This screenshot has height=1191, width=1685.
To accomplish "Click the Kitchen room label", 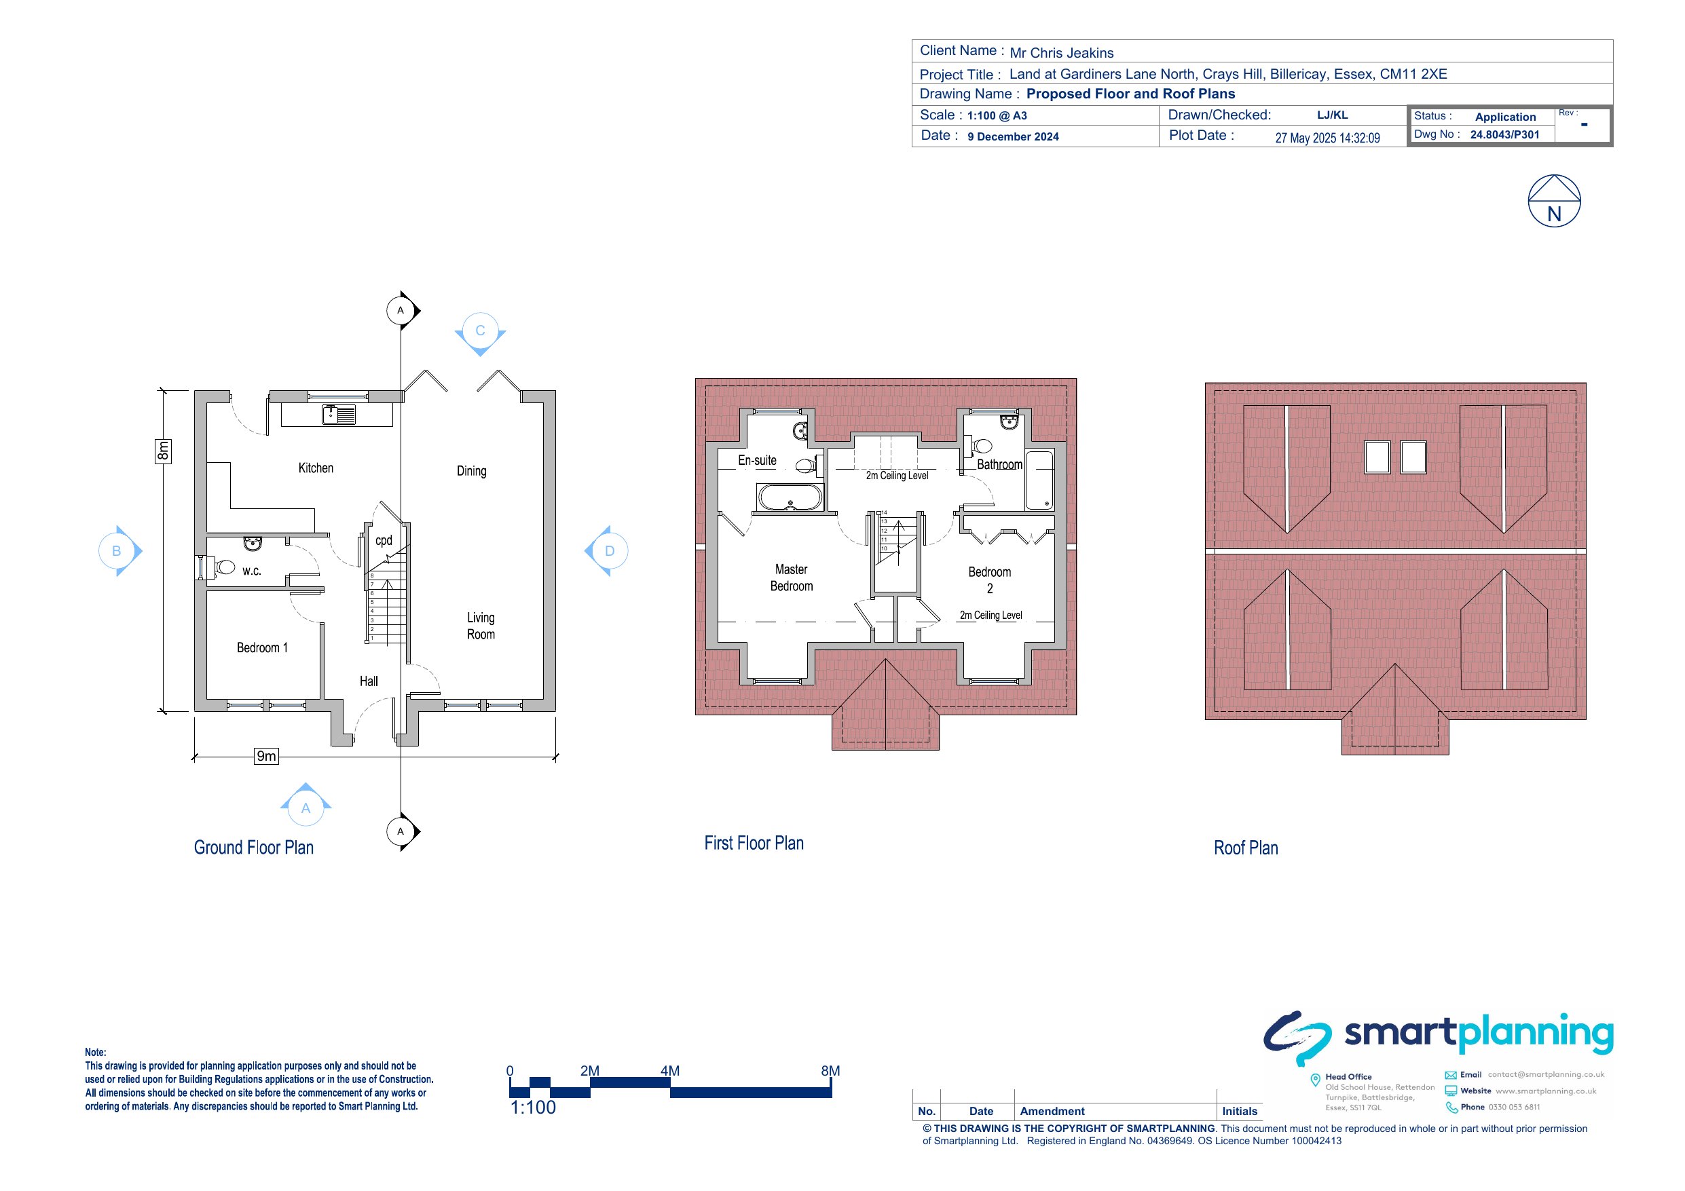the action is coord(316,468).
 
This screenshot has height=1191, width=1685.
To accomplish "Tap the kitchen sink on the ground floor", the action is coord(338,415).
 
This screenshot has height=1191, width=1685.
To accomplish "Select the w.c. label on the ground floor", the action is coord(252,571).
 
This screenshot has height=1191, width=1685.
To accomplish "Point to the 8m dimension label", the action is coord(163,451).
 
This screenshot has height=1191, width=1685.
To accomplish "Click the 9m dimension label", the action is coord(266,756).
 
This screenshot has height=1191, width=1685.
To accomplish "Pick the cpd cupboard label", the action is coord(384,541).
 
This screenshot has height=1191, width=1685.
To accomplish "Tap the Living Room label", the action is coord(481,626).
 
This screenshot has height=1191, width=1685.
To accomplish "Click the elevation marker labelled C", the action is coord(480,333).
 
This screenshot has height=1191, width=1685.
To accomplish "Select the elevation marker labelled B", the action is coord(119,551).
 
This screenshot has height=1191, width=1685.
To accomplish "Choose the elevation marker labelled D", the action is coord(607,551).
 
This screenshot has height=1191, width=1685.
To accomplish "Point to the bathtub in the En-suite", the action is coord(790,498).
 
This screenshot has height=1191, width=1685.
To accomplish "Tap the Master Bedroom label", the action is coord(791,578).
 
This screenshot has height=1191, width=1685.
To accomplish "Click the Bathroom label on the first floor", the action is coord(999,464).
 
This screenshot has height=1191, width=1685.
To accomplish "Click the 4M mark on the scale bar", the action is coord(669,1072).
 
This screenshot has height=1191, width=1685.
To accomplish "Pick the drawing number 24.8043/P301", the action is coord(1504,135).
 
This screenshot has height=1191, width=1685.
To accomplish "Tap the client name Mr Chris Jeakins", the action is coord(1061,53).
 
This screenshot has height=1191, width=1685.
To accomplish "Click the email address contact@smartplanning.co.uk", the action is coord(1546,1074).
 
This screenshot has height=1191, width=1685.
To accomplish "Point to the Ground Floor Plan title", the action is coord(253,848).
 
